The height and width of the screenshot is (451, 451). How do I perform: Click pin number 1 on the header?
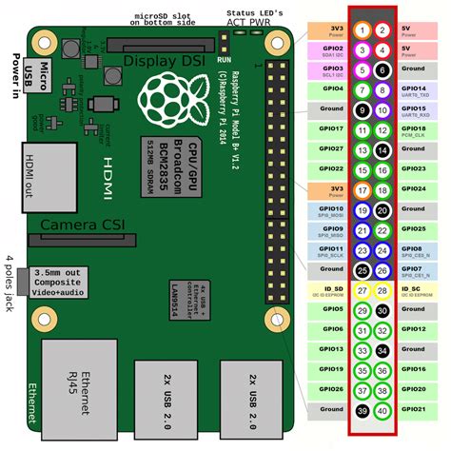pyautogui.click(x=361, y=29)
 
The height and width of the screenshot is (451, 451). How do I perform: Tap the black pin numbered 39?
pyautogui.click(x=361, y=410)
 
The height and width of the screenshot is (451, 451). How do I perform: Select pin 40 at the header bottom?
pyautogui.click(x=382, y=410)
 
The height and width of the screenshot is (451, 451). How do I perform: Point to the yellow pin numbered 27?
pyautogui.click(x=361, y=289)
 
